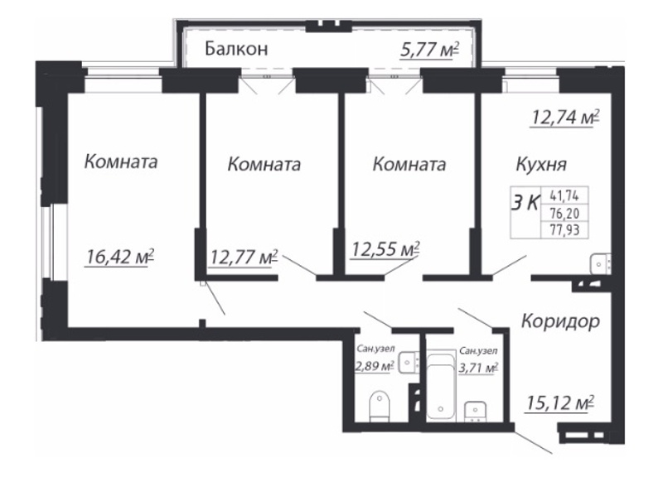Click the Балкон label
tap(236, 49)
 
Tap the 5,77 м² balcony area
tap(429, 50)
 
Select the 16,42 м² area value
tap(119, 256)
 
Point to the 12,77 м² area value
tap(244, 256)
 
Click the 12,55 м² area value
tap(385, 248)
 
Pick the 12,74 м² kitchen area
tap(565, 117)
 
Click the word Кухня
tap(542, 164)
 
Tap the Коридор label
tap(561, 321)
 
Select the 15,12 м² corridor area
tap(560, 402)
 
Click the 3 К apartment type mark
tap(525, 203)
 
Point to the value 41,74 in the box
tap(564, 195)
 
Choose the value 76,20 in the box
tap(564, 214)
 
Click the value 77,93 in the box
tap(564, 230)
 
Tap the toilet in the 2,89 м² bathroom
tap(380, 406)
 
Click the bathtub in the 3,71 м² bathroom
tap(441, 388)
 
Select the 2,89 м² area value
tap(375, 366)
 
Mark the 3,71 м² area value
tap(478, 368)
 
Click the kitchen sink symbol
tap(599, 263)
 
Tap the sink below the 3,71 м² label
tap(476, 411)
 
